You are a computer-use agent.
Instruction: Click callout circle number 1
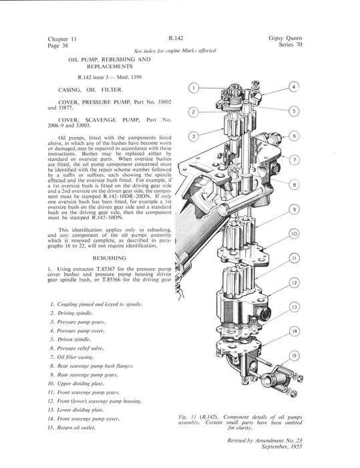point(194,88)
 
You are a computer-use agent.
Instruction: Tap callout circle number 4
point(294,87)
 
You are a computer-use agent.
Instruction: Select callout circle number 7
point(295,160)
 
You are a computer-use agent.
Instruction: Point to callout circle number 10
point(295,234)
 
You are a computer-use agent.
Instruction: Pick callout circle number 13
point(295,307)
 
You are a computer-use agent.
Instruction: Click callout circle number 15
point(295,356)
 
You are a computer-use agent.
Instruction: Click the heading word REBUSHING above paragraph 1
point(110,258)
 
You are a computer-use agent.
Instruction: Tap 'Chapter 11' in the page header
point(62,39)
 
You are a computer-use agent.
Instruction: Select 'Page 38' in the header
point(58,45)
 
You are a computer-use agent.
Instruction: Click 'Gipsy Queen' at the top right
point(285,38)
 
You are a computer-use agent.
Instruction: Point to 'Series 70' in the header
point(291,45)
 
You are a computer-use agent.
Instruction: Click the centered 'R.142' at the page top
point(176,38)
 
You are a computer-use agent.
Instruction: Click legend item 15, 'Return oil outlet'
point(76,428)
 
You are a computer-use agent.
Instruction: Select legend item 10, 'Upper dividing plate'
point(81,384)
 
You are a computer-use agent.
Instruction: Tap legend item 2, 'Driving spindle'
point(75,313)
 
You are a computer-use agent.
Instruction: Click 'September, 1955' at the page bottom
point(282,447)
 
